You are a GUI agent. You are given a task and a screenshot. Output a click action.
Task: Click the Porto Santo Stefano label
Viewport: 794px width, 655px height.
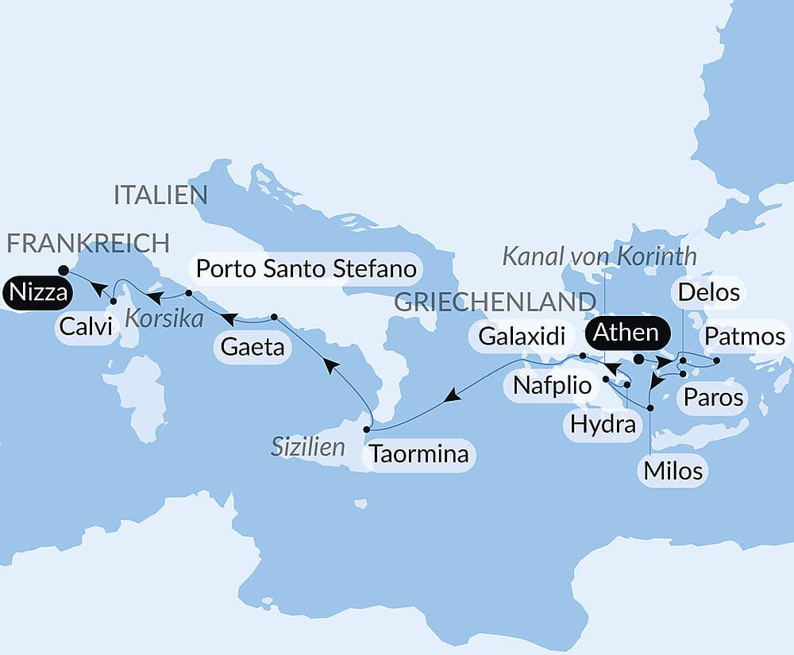(x=306, y=269)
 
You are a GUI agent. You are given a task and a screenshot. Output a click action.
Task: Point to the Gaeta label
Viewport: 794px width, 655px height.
(x=252, y=348)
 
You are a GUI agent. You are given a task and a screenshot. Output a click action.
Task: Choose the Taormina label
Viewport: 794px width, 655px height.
(x=418, y=456)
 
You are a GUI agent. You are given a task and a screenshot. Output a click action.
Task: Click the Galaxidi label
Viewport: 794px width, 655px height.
(x=521, y=337)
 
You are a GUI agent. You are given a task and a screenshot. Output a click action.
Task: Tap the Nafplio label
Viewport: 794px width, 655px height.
(x=553, y=386)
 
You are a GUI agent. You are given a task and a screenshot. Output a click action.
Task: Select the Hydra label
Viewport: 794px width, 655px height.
(x=603, y=425)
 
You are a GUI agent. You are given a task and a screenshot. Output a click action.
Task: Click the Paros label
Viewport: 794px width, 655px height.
(x=712, y=396)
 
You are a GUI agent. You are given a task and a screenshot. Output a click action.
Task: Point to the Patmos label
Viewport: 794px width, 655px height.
(x=745, y=337)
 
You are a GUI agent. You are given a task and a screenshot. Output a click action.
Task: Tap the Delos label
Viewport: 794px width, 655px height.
(x=707, y=293)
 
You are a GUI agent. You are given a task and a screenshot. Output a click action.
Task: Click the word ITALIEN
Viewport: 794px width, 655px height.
(x=160, y=195)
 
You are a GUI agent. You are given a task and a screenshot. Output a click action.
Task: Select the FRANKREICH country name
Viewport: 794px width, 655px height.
(x=88, y=243)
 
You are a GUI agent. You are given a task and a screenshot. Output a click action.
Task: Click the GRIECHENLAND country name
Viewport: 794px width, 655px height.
(x=495, y=302)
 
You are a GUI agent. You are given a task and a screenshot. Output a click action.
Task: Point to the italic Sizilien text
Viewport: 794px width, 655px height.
(x=308, y=446)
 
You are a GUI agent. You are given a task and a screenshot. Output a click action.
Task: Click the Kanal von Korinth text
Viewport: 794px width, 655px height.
(x=599, y=256)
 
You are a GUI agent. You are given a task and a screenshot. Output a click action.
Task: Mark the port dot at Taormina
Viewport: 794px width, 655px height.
(x=366, y=430)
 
